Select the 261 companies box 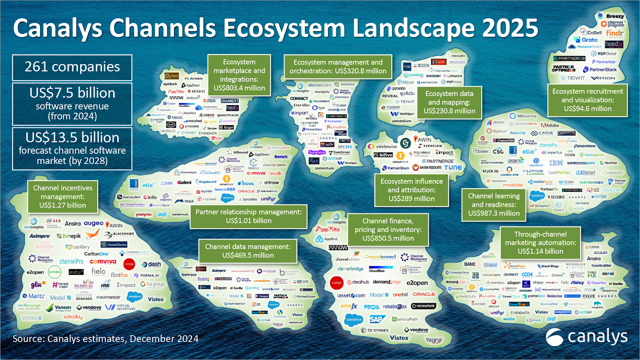(x=72, y=67)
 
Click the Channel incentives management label (x=62, y=196)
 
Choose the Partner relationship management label (x=248, y=216)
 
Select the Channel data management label (x=248, y=251)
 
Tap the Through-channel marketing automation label (x=540, y=243)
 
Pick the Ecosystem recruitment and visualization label (x=587, y=100)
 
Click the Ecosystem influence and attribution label (x=412, y=190)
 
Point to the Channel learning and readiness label (x=494, y=204)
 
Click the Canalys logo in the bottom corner (x=586, y=337)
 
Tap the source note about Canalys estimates (x=105, y=339)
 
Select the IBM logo (x=556, y=163)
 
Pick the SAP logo (x=377, y=319)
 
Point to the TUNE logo (x=453, y=168)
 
